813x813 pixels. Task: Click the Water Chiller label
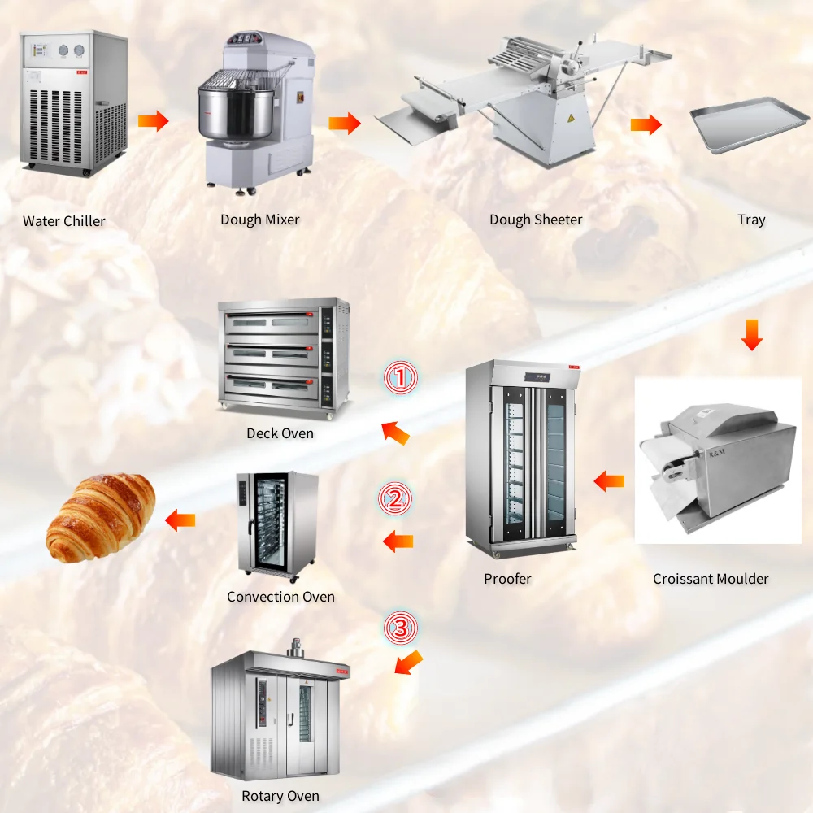coord(64,221)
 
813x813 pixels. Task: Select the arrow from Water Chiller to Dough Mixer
coord(153,122)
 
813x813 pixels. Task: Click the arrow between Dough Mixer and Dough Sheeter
coord(345,124)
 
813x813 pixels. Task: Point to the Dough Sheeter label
coord(536,220)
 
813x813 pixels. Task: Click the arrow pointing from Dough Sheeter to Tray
coord(646,125)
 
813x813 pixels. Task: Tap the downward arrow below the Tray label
coord(752,334)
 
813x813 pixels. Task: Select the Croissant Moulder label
coord(711,579)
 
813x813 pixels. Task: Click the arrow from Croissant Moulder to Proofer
coord(609,481)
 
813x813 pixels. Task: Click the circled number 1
coord(400,378)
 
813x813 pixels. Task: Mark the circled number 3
coord(400,628)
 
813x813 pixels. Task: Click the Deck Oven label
coord(280,433)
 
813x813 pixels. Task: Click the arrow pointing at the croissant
coord(180,519)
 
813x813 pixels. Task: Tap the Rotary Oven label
coord(280,796)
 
